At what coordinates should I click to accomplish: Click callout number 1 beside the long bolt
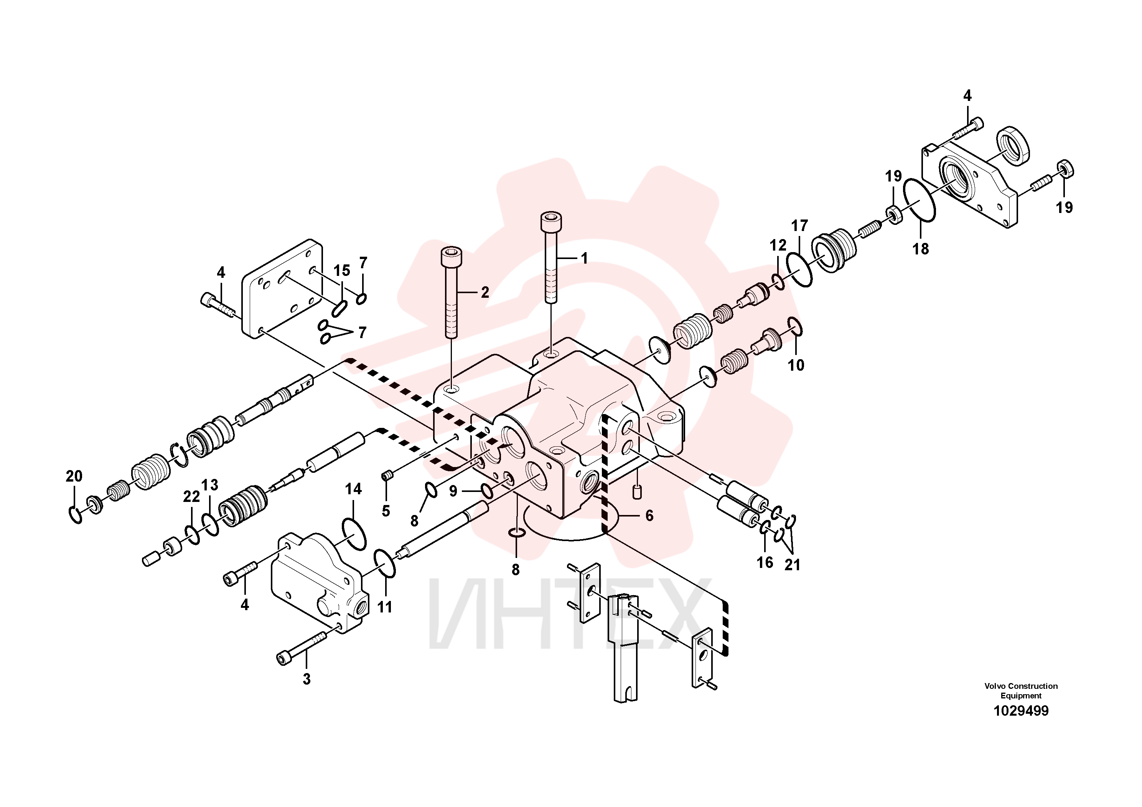coord(585,258)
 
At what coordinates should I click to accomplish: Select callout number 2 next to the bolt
coord(485,292)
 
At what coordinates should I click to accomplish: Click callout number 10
coord(796,365)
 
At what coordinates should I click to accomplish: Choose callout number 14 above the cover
coord(353,489)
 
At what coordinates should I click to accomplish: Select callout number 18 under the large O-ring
coord(921,249)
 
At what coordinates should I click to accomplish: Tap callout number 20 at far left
coord(74,476)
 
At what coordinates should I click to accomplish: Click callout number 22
coord(191,496)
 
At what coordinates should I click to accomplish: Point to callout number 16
coord(765,562)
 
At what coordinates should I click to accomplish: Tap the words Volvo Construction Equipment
coord(1021,691)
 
